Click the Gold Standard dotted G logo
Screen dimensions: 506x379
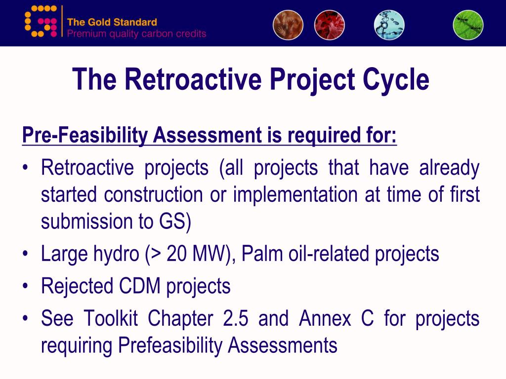(x=41, y=22)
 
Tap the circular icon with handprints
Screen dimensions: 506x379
(x=288, y=25)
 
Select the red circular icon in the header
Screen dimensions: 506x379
(x=329, y=25)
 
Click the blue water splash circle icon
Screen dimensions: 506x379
(x=389, y=25)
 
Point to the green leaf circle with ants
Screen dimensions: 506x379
(x=468, y=25)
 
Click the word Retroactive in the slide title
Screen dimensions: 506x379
(x=193, y=79)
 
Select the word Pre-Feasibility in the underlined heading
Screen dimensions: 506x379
(x=85, y=135)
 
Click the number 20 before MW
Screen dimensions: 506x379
(x=176, y=254)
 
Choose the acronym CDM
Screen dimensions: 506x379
(x=140, y=286)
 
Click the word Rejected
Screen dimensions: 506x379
(x=77, y=287)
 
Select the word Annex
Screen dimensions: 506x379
(x=325, y=318)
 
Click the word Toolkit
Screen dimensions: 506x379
(x=111, y=318)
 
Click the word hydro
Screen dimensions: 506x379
(x=117, y=255)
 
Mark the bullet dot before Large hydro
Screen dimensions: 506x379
(x=25, y=254)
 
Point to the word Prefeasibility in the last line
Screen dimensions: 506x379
(x=170, y=346)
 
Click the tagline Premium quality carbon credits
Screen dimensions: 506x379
(x=136, y=34)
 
